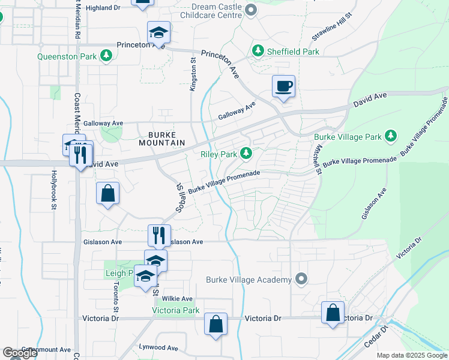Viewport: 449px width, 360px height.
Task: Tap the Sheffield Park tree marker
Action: pos(258,52)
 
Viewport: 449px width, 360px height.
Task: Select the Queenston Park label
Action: pos(67,56)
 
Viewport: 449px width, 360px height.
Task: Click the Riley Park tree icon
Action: pos(246,154)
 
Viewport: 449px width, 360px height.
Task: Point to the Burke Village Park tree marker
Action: pos(391,137)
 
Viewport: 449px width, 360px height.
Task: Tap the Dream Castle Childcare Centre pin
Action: pos(251,10)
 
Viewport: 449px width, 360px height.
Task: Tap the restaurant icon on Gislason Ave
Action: pos(158,235)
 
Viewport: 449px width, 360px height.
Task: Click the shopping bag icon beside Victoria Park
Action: pos(215,324)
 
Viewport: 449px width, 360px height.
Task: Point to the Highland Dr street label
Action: pos(103,8)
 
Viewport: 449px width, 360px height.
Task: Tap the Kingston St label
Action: pos(193,75)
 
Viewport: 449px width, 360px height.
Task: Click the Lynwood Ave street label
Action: pos(158,347)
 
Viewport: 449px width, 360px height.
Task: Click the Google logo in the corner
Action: pos(20,353)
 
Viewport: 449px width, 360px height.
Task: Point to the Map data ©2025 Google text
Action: pos(411,355)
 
